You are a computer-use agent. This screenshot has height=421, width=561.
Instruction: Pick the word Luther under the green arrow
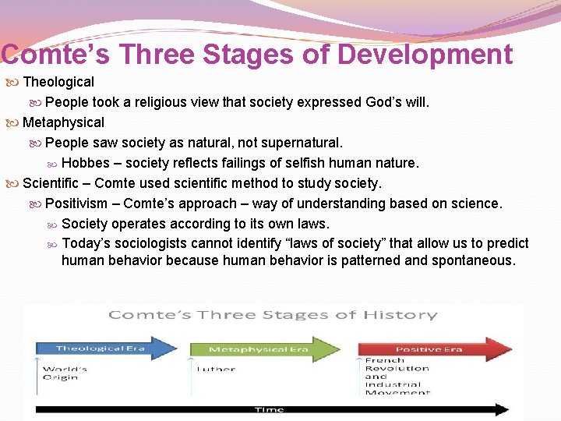click(216, 369)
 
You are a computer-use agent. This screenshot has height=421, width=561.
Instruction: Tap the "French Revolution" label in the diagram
click(397, 365)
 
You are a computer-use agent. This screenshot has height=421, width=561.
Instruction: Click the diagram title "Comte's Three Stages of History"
click(273, 315)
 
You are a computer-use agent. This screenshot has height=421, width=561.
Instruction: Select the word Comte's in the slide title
click(48, 55)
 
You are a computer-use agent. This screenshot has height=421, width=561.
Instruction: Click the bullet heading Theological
click(58, 82)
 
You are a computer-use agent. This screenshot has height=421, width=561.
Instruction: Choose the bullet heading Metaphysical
click(63, 122)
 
